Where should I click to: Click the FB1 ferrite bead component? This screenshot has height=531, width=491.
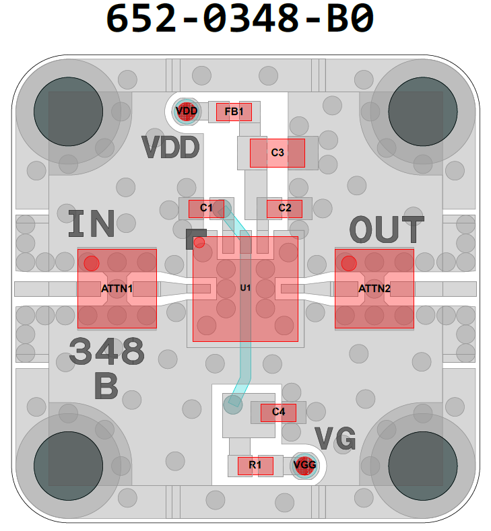pyautogui.click(x=234, y=112)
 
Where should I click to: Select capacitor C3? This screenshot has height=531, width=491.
pyautogui.click(x=277, y=153)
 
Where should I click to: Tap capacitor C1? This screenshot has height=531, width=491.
pyautogui.click(x=206, y=208)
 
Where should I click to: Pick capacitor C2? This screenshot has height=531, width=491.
pyautogui.click(x=284, y=208)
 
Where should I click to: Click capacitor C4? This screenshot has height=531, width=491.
pyautogui.click(x=278, y=412)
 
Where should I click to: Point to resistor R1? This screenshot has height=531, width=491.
pyautogui.click(x=255, y=465)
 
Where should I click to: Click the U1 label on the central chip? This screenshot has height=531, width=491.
pyautogui.click(x=245, y=288)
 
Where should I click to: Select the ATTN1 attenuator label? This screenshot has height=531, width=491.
pyautogui.click(x=117, y=289)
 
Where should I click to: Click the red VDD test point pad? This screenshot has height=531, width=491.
pyautogui.click(x=187, y=110)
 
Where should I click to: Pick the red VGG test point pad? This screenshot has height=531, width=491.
pyautogui.click(x=304, y=464)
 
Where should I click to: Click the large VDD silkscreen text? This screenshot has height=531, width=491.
pyautogui.click(x=170, y=147)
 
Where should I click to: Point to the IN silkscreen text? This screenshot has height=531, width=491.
pyautogui.click(x=92, y=225)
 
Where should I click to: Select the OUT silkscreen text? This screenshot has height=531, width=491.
pyautogui.click(x=387, y=231)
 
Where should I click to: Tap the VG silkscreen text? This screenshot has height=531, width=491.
pyautogui.click(x=335, y=439)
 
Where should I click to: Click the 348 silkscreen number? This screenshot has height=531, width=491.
pyautogui.click(x=107, y=352)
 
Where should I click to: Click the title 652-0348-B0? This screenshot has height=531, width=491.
pyautogui.click(x=240, y=19)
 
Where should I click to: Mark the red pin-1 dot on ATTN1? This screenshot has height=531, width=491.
pyautogui.click(x=92, y=263)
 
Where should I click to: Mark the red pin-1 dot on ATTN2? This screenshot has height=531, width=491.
pyautogui.click(x=348, y=263)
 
